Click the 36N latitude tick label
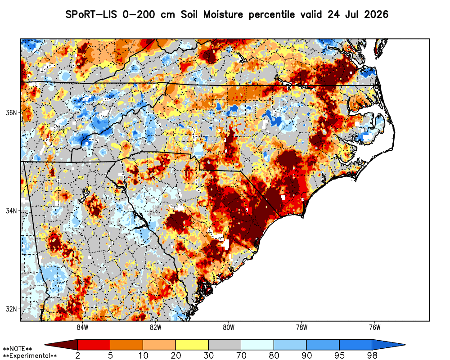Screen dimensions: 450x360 [x=12, y=112]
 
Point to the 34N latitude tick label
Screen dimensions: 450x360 [x=12, y=211]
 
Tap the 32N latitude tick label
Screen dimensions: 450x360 [x=12, y=309]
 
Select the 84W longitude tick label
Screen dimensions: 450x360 [x=82, y=327]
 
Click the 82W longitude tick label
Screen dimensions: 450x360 [x=156, y=327]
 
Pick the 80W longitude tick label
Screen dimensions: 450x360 [x=229, y=327]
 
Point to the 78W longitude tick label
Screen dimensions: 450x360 [x=301, y=327]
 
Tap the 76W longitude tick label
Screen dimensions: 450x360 [x=375, y=327]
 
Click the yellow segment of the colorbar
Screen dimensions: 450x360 [x=192, y=344]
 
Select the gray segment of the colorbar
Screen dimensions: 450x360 [x=225, y=344]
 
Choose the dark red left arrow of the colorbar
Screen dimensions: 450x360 [x=61, y=344]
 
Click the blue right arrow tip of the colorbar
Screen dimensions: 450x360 [x=405, y=345]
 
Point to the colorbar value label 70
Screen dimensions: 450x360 [x=241, y=355]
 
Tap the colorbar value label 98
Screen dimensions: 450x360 [x=372, y=355]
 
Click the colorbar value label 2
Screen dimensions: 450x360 [x=78, y=355]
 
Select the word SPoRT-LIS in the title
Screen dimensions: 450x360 [x=91, y=14]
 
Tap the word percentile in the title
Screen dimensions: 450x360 [x=271, y=15]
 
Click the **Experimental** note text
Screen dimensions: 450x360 [x=30, y=356]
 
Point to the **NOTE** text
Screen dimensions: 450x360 [x=18, y=349]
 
